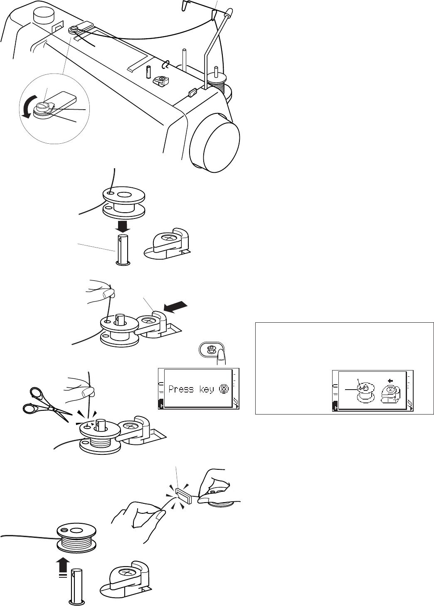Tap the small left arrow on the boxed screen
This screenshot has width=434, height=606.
pyautogui.click(x=390, y=380)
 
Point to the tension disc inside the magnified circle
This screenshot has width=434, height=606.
pyautogui.click(x=42, y=108)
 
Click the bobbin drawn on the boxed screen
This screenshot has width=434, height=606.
pyautogui.click(x=364, y=391)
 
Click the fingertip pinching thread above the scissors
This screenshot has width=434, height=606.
pyautogui.click(x=88, y=392)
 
